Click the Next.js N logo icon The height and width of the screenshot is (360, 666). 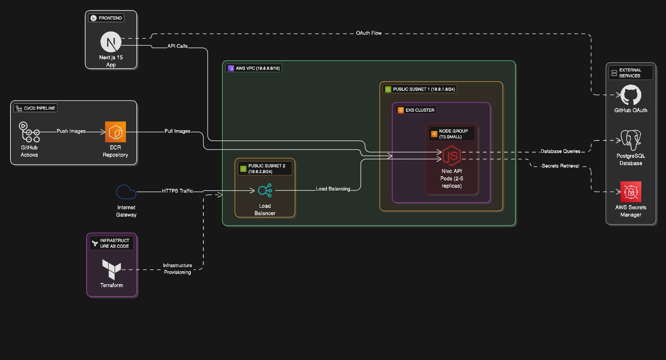(x=111, y=42)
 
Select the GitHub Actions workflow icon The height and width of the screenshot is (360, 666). (x=29, y=132)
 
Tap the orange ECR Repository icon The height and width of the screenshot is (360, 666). (x=116, y=132)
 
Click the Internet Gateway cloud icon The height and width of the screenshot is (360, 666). (x=126, y=192)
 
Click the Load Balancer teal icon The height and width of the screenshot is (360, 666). (x=265, y=190)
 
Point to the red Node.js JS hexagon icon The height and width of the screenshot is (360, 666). (x=452, y=156)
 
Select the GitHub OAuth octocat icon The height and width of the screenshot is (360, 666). (x=630, y=95)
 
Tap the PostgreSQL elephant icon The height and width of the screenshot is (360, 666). (x=630, y=140)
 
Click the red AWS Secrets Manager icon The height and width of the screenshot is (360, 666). (x=630, y=192)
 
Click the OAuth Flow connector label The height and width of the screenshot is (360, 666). (x=368, y=33)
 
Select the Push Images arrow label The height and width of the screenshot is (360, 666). (x=71, y=131)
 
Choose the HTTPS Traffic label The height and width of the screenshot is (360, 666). (x=177, y=191)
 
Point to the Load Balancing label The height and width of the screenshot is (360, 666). (x=333, y=189)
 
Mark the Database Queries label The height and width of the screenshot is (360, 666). (x=560, y=151)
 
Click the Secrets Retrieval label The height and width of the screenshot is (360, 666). (x=560, y=166)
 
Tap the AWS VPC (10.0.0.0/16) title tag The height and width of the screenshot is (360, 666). (x=254, y=68)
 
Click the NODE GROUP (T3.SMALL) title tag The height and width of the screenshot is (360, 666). (x=452, y=134)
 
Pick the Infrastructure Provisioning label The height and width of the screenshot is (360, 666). (x=177, y=269)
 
